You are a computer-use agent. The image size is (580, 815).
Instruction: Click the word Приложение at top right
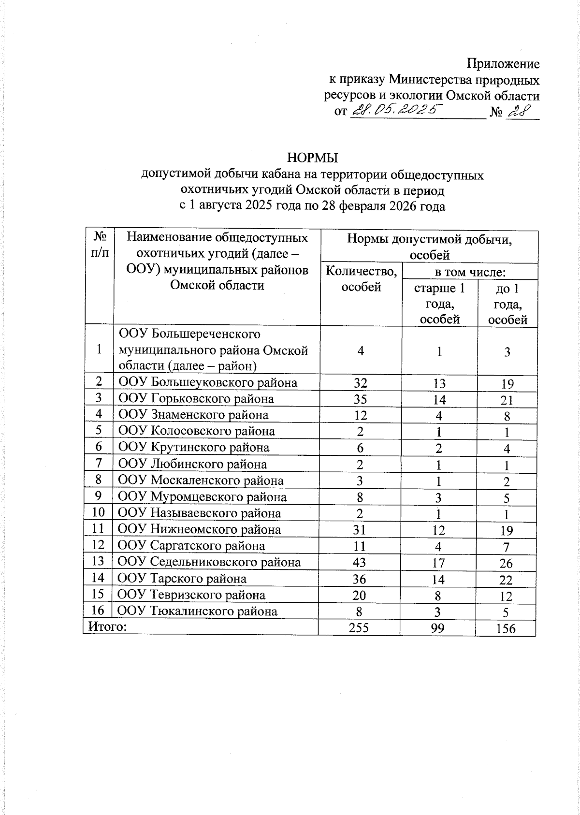[x=503, y=64]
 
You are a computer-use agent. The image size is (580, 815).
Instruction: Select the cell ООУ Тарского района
[x=182, y=579]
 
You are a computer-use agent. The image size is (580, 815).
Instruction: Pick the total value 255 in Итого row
[x=359, y=627]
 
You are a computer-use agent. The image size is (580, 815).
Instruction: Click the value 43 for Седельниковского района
[x=359, y=562]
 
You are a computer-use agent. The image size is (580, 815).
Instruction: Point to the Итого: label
[x=107, y=627]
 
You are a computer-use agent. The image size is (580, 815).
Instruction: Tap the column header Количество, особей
[x=361, y=279]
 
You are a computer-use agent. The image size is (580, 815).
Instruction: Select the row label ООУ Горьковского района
[x=196, y=399]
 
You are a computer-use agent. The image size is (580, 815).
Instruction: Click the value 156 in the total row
[x=506, y=628]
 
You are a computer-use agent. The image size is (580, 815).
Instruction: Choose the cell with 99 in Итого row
[x=439, y=627]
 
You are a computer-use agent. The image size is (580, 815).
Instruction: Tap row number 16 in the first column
[x=98, y=611]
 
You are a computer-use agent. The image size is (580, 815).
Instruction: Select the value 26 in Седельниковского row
[x=506, y=564]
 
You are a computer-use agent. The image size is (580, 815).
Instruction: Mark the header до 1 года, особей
[x=507, y=304]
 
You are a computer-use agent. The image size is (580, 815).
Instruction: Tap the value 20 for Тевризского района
[x=359, y=595]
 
